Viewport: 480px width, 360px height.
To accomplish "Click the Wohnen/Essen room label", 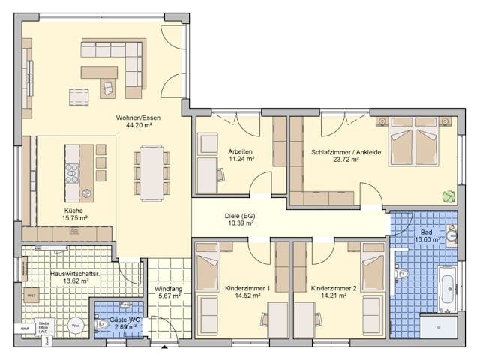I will (x=134, y=118).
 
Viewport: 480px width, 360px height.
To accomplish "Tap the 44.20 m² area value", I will (x=134, y=126).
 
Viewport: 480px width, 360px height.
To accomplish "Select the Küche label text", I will (x=73, y=211).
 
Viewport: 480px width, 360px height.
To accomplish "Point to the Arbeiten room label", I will (x=241, y=151).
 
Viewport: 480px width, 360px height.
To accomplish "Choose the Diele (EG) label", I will (x=239, y=216).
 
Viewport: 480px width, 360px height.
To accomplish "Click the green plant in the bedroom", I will (x=448, y=196).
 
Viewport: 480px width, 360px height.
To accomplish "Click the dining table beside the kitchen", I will (x=153, y=172).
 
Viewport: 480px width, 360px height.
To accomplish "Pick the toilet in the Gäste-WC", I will (x=100, y=325).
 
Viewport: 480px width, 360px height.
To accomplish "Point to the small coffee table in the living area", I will (x=78, y=96).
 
